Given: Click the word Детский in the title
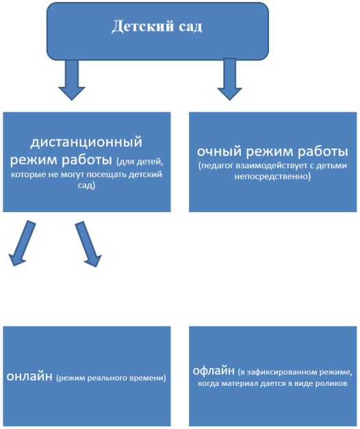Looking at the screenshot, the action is tap(142, 27).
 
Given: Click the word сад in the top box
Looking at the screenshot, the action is tap(190, 27).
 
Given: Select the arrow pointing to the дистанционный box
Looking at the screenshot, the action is tap(72, 80).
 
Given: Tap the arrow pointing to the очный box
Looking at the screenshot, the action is tap(230, 79).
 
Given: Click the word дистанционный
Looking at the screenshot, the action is tap(86, 142).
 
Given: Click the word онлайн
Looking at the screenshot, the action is tap(29, 376).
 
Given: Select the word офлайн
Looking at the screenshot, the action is tap(214, 370).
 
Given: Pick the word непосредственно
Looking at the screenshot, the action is tap(271, 176).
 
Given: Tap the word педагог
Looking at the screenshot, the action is tap(218, 166).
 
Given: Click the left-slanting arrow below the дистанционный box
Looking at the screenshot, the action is tap(22, 243).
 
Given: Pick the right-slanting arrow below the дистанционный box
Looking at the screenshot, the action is tap(89, 244).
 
